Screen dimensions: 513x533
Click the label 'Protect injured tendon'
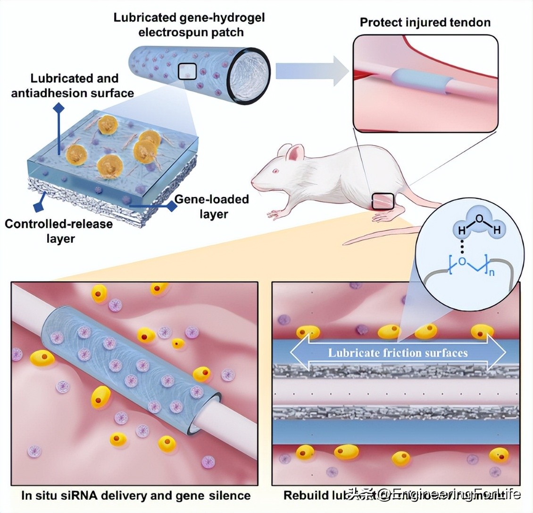point(425,23)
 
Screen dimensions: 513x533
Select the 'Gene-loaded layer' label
point(212,206)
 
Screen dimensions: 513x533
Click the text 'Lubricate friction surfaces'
point(398,352)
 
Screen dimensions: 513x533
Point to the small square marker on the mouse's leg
point(383,201)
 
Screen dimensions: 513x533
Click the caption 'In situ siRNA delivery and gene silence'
point(136,495)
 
